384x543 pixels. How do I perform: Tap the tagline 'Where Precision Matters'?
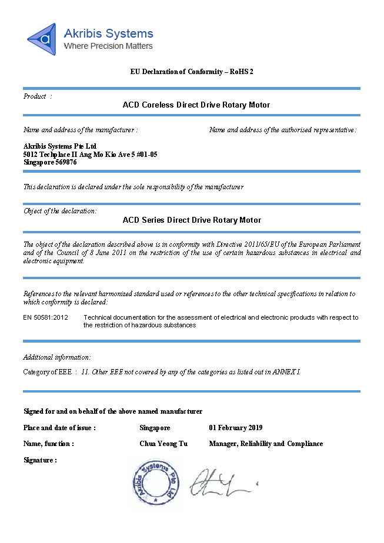[108, 46]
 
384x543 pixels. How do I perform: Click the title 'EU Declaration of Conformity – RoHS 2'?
[192, 72]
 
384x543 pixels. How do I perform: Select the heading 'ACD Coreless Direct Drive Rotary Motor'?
[196, 105]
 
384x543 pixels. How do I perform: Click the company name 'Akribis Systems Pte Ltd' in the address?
[59, 146]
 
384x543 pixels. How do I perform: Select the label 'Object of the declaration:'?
[60, 211]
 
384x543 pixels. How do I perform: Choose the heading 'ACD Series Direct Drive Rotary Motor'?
[192, 220]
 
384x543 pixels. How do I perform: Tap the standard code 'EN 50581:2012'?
[46, 317]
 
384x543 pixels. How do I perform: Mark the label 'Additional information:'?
[57, 357]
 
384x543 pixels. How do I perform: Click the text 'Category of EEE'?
[47, 372]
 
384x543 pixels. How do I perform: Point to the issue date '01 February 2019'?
[236, 428]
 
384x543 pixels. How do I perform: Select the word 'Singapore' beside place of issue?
[155, 428]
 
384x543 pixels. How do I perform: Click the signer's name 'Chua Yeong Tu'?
[163, 444]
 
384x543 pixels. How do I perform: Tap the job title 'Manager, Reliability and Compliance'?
[266, 444]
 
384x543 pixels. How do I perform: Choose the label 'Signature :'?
[40, 460]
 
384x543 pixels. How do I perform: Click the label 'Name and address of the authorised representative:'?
[283, 130]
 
